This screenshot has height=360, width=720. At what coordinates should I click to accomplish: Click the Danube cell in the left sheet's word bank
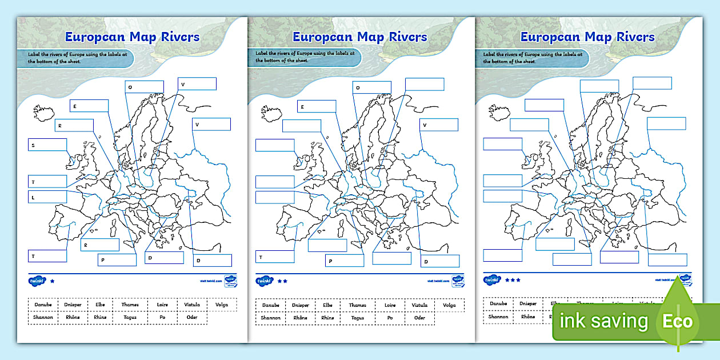(43, 305)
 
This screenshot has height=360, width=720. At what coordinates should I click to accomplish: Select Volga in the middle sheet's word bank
(449, 305)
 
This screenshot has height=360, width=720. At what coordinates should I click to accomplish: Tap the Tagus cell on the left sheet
(133, 317)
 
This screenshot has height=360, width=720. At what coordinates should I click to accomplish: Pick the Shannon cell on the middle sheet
(270, 317)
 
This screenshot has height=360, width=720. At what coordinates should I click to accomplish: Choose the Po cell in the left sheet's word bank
(162, 317)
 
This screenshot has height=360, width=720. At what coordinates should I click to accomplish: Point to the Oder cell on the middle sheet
(419, 317)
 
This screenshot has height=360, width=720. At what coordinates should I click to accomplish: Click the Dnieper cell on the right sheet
(528, 304)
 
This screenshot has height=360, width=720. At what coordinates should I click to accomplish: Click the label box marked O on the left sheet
(144, 87)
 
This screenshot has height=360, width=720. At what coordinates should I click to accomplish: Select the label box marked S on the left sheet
(47, 145)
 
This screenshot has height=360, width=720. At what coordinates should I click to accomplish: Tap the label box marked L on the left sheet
(47, 197)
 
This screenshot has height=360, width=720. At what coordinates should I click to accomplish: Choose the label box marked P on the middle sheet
(345, 261)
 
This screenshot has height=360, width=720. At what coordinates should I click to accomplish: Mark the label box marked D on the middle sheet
(439, 261)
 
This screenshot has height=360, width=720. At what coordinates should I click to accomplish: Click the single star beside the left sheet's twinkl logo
(53, 281)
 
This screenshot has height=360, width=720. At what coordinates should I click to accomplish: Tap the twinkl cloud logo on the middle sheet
(263, 281)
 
